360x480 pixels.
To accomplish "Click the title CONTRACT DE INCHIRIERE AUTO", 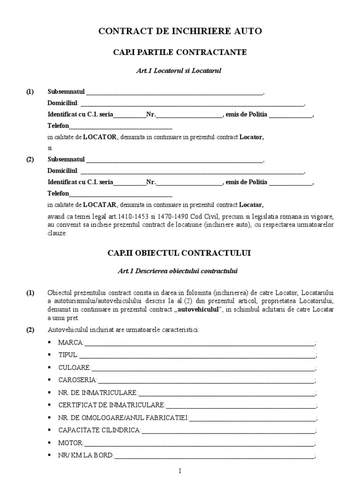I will click(x=180, y=31).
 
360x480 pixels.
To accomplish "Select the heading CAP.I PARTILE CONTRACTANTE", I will click(x=180, y=52).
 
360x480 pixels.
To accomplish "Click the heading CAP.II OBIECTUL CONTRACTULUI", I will click(x=180, y=253).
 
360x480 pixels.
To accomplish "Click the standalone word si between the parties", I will click(x=50, y=148).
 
